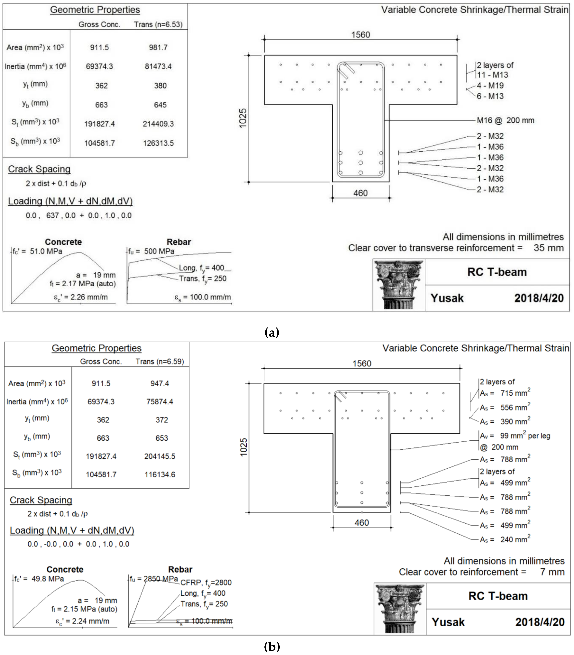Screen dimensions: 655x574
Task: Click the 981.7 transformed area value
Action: (158, 47)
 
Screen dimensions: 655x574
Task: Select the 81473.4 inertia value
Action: (158, 66)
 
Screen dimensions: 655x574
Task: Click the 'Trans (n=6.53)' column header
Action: (158, 24)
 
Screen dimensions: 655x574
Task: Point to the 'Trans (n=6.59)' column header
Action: (160, 361)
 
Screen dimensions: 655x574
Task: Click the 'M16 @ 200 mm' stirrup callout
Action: (505, 121)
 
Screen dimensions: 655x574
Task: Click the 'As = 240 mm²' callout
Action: (505, 540)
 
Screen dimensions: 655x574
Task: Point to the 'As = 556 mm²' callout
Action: (505, 408)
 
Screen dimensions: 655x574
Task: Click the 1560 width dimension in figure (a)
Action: (360, 35)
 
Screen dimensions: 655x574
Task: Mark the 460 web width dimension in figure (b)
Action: (362, 523)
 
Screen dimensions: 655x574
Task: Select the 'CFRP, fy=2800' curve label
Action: (206, 583)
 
